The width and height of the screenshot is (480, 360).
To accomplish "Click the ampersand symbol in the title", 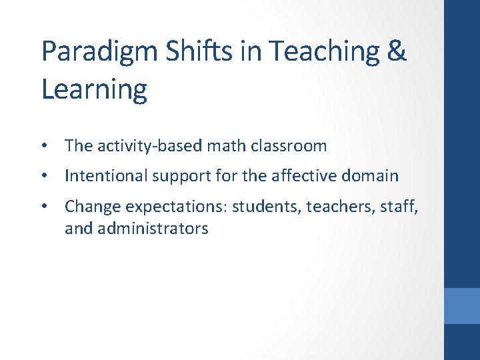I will [396, 51].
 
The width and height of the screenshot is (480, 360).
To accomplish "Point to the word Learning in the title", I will [94, 88].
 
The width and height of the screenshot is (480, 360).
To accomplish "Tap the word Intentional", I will [105, 176].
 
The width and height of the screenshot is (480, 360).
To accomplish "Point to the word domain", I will [371, 176].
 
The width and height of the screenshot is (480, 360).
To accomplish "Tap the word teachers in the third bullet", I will [337, 207].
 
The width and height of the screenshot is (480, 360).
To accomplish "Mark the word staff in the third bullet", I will [399, 207].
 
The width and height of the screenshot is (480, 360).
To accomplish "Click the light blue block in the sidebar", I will [462, 305].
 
